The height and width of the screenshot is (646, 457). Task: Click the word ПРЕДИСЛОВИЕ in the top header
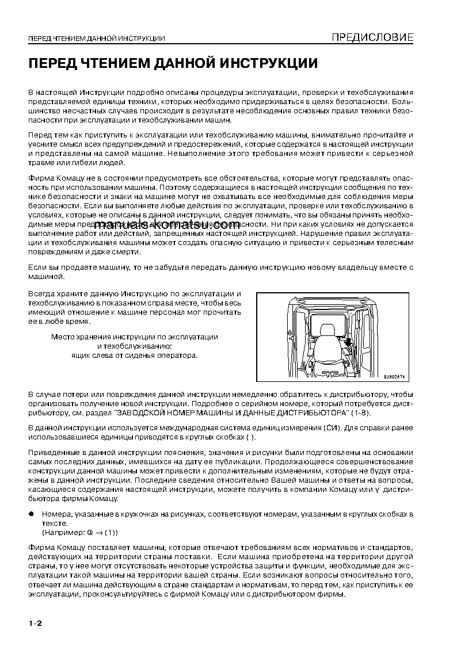(x=372, y=38)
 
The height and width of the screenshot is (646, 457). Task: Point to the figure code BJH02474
(x=394, y=376)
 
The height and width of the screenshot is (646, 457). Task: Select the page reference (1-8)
(x=361, y=414)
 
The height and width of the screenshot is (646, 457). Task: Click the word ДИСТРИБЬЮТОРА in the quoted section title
(x=315, y=414)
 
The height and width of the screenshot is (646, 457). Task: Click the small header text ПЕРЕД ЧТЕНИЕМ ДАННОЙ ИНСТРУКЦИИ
(x=97, y=39)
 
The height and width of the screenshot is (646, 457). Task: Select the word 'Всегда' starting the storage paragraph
(x=40, y=293)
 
